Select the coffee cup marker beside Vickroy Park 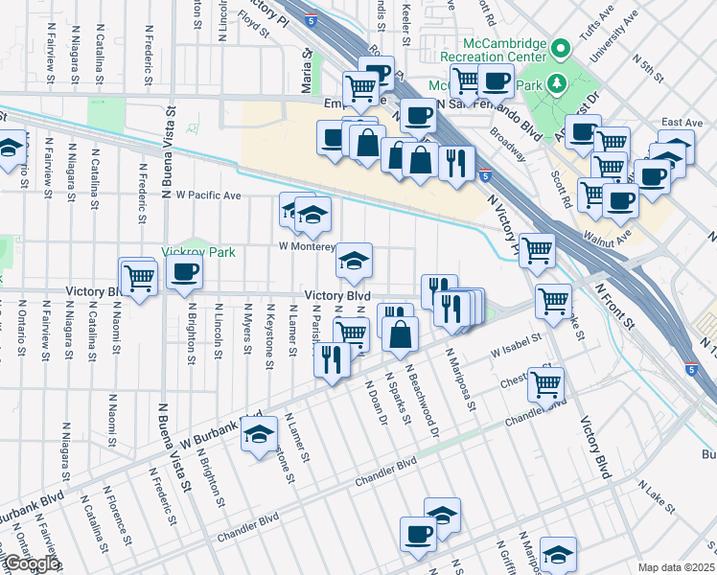click(183, 272)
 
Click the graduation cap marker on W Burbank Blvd click(257, 435)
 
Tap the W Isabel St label click(516, 345)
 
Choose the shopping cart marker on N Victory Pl click(537, 250)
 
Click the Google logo click(30, 563)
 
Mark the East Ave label click(682, 123)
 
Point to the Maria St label click(308, 67)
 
